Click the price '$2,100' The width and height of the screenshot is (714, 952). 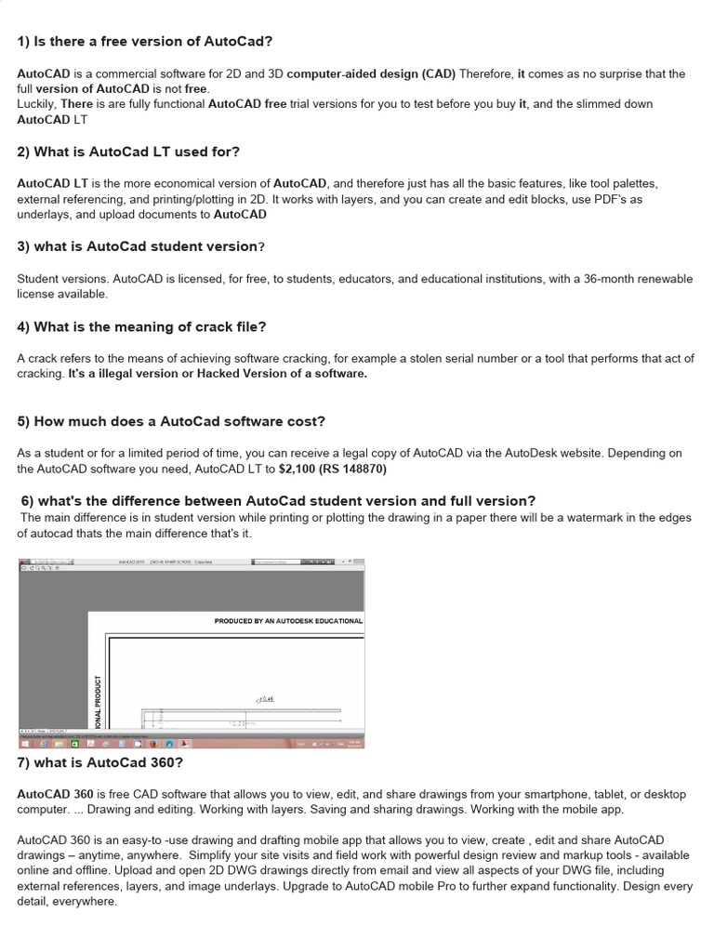(299, 469)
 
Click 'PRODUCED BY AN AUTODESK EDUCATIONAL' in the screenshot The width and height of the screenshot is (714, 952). (288, 621)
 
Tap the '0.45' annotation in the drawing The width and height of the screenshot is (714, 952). (266, 698)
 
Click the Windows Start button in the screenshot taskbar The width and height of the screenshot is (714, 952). (25, 744)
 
